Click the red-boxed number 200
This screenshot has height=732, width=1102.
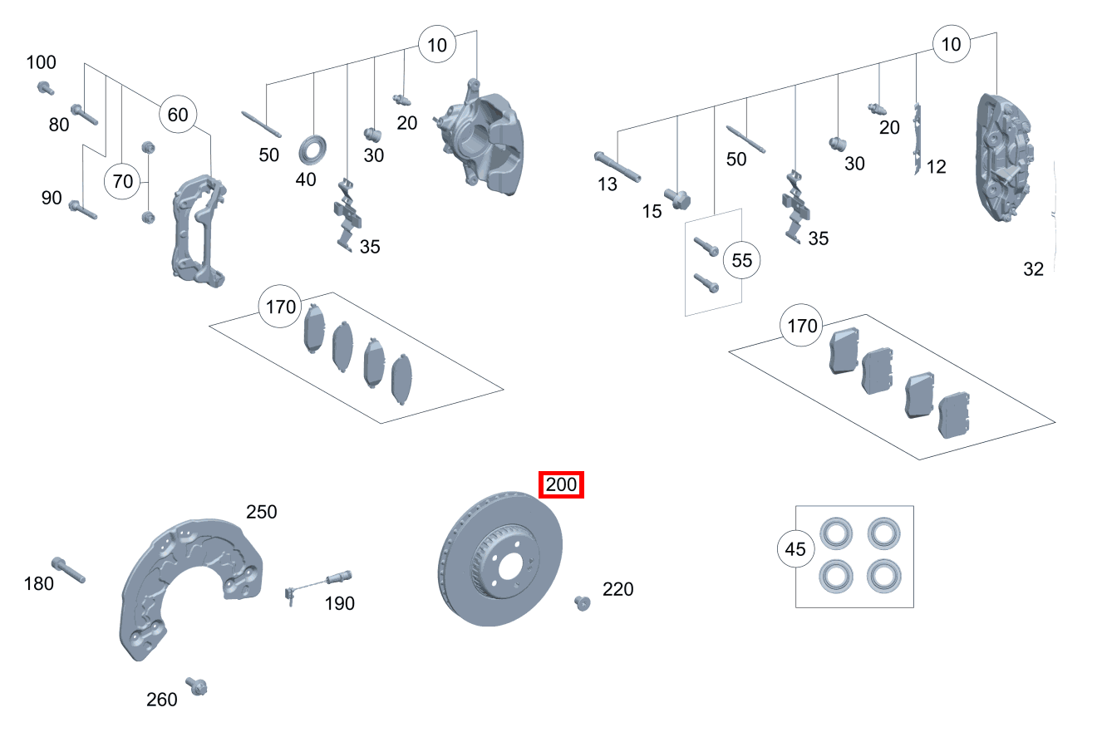pyautogui.click(x=562, y=484)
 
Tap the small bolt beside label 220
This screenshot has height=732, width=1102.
pyautogui.click(x=582, y=602)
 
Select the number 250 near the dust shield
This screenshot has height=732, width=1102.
pyautogui.click(x=261, y=512)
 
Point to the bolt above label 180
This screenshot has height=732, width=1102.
pyautogui.click(x=68, y=569)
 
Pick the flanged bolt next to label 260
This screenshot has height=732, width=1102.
pyautogui.click(x=197, y=686)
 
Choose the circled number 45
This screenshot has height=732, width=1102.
pyautogui.click(x=795, y=549)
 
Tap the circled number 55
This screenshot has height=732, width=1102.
pyautogui.click(x=741, y=260)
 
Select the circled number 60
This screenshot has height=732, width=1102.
pyautogui.click(x=178, y=115)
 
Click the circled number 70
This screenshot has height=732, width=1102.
pyautogui.click(x=122, y=180)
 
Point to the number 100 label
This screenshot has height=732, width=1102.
pyautogui.click(x=42, y=62)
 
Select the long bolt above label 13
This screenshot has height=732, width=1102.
pyautogui.click(x=617, y=165)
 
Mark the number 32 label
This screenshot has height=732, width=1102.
pyautogui.click(x=1033, y=268)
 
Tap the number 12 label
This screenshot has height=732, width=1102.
pyautogui.click(x=936, y=167)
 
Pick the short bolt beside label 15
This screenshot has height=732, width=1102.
pyautogui.click(x=677, y=199)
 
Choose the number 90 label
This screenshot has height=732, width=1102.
pyautogui.click(x=52, y=198)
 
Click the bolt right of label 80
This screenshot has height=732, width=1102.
pyautogui.click(x=84, y=114)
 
